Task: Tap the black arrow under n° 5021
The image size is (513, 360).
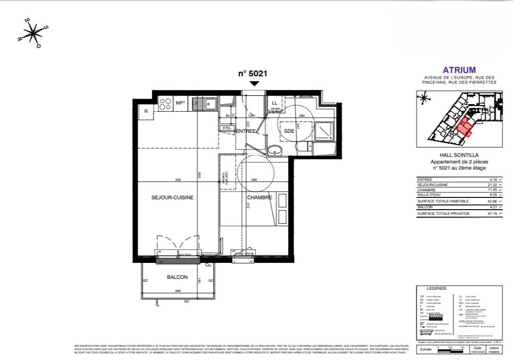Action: (254, 83)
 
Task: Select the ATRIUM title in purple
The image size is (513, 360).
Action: (456, 70)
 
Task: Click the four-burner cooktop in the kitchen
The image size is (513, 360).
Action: (165, 103)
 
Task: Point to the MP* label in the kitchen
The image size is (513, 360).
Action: (180, 103)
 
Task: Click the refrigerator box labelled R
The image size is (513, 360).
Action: (146, 112)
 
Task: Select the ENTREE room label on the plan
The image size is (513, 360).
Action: (245, 131)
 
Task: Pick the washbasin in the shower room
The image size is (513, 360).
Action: (274, 151)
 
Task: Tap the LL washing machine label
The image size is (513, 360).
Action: (275, 103)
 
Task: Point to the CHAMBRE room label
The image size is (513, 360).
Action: (259, 198)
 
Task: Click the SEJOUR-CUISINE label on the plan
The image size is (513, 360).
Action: (173, 198)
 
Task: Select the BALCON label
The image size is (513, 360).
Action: (177, 277)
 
